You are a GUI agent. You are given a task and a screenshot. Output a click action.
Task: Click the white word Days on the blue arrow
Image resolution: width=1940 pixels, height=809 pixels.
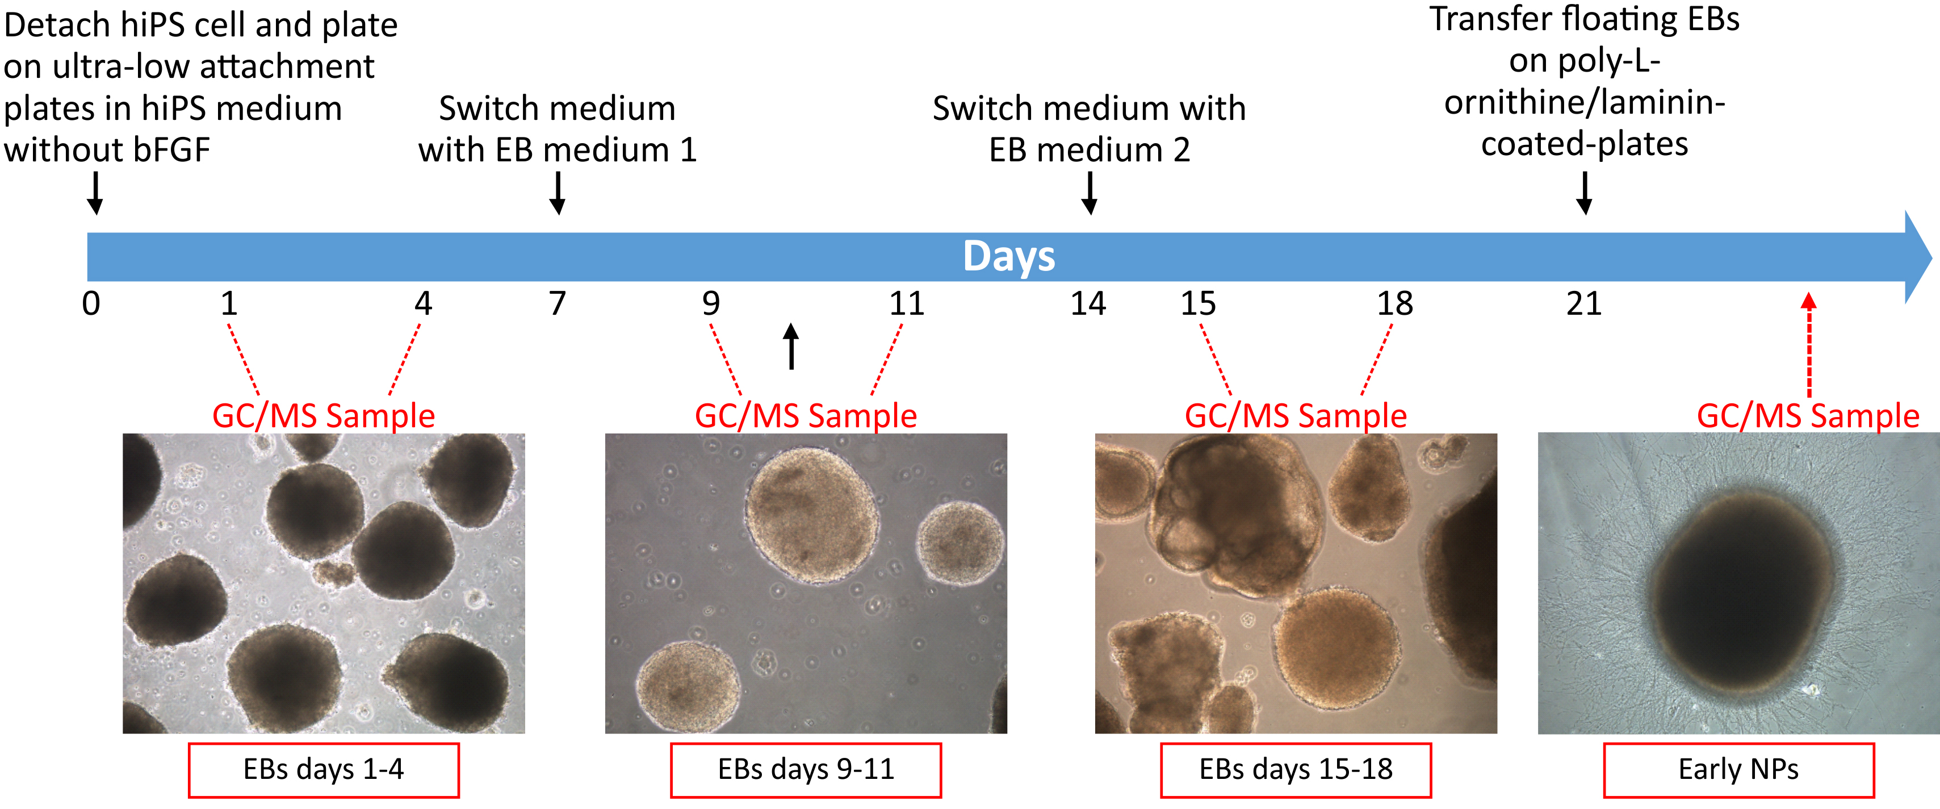pyautogui.click(x=1008, y=257)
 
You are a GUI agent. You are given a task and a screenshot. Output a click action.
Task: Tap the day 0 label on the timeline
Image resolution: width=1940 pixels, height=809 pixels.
pyautogui.click(x=91, y=303)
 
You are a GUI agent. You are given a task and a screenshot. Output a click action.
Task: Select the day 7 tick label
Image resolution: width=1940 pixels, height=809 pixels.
pyautogui.click(x=558, y=303)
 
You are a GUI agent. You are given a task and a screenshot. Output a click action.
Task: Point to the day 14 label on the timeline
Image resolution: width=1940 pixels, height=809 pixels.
pyautogui.click(x=1088, y=303)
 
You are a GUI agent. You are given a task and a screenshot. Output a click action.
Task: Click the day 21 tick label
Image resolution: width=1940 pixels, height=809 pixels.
pyautogui.click(x=1584, y=303)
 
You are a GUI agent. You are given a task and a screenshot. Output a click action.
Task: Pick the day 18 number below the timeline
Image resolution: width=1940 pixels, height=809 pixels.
pyautogui.click(x=1395, y=303)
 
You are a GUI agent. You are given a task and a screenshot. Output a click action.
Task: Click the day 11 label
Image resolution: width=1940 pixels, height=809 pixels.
pyautogui.click(x=907, y=303)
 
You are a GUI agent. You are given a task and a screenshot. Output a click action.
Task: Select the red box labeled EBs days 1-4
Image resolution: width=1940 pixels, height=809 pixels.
pyautogui.click(x=324, y=770)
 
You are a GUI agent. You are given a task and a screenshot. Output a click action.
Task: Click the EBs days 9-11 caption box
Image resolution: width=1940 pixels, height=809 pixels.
pyautogui.click(x=806, y=770)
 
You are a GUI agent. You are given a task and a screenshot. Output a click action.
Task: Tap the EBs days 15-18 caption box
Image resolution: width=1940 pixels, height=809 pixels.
pyautogui.click(x=1296, y=770)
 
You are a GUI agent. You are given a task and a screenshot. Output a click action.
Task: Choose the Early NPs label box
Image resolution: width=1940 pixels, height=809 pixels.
pyautogui.click(x=1739, y=770)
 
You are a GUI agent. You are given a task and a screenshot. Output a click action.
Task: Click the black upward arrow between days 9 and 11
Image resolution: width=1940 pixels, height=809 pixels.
pyautogui.click(x=791, y=347)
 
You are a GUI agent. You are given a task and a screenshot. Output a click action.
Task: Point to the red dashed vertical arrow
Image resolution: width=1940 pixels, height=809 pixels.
pyautogui.click(x=1809, y=345)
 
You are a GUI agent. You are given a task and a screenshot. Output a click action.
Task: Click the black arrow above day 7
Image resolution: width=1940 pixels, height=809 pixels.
pyautogui.click(x=558, y=193)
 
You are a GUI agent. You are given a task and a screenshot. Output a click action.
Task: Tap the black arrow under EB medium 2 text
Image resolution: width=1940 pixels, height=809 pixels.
pyautogui.click(x=1089, y=193)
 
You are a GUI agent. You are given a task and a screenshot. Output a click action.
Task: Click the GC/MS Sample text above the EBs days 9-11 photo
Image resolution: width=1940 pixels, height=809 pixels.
pyautogui.click(x=806, y=416)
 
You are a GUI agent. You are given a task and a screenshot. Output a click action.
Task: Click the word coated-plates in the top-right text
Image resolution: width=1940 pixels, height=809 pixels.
pyautogui.click(x=1585, y=144)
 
